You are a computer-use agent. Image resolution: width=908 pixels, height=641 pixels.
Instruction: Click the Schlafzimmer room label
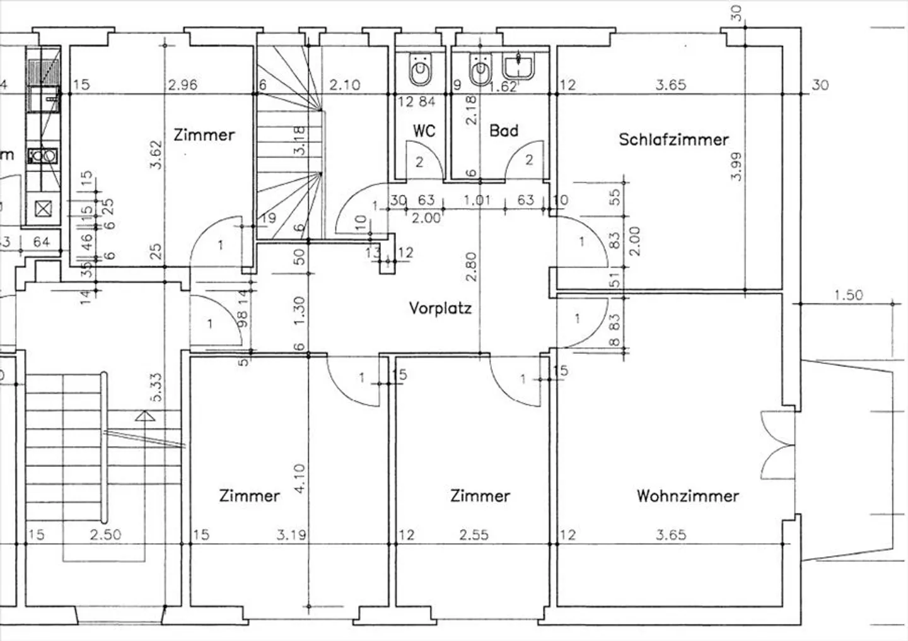click(x=673, y=139)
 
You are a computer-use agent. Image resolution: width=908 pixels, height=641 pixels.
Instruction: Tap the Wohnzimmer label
click(x=687, y=496)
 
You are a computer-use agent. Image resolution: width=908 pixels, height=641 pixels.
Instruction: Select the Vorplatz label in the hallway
click(x=440, y=309)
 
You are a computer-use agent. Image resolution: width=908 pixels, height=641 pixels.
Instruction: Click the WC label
click(x=424, y=131)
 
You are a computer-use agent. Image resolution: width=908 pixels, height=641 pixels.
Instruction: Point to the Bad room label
click(x=504, y=131)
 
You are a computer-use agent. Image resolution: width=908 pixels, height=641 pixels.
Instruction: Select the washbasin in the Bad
click(x=519, y=66)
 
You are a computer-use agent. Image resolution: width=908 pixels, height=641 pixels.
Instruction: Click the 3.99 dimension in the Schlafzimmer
click(x=736, y=167)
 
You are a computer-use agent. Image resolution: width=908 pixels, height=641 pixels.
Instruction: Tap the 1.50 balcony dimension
click(x=848, y=295)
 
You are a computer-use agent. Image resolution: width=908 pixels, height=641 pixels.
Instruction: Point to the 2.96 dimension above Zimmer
click(x=183, y=85)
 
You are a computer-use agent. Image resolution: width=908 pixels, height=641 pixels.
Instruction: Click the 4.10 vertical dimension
click(x=299, y=479)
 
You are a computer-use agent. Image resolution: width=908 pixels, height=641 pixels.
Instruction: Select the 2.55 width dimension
click(x=474, y=535)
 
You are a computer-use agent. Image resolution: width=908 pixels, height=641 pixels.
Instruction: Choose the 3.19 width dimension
click(x=291, y=535)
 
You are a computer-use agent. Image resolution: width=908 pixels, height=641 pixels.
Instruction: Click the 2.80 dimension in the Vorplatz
click(x=470, y=267)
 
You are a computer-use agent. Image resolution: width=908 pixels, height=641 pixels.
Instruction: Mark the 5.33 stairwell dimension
click(x=156, y=387)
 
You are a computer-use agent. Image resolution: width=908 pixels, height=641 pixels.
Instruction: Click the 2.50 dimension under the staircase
click(x=105, y=535)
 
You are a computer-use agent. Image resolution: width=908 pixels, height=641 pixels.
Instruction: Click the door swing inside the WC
click(x=417, y=160)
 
